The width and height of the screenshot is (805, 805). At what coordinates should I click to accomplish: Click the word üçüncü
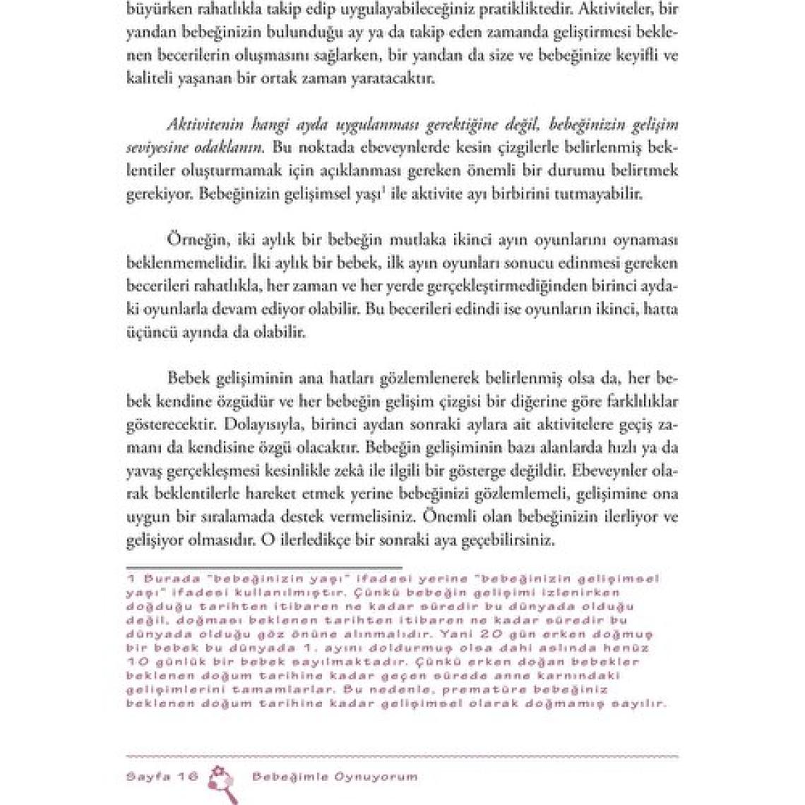(x=148, y=332)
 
